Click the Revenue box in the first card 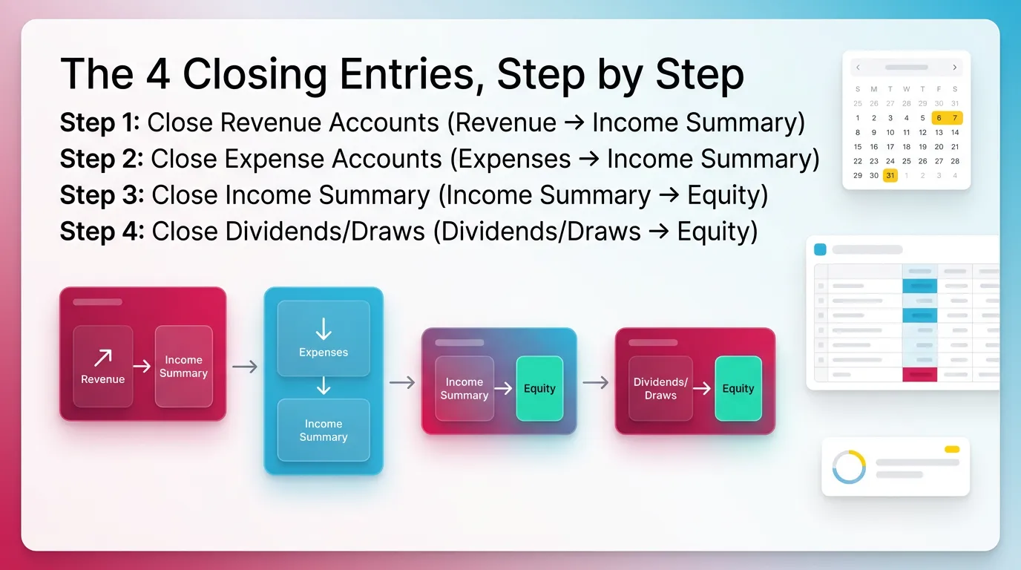pyautogui.click(x=103, y=366)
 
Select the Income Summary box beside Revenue pyautogui.click(x=183, y=366)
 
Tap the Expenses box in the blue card pyautogui.click(x=323, y=338)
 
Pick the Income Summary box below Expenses pyautogui.click(x=323, y=430)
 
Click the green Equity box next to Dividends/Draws pyautogui.click(x=738, y=388)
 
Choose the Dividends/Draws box pyautogui.click(x=660, y=388)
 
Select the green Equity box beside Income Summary pyautogui.click(x=539, y=388)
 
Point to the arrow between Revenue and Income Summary pyautogui.click(x=142, y=366)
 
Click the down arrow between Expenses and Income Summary pyautogui.click(x=324, y=386)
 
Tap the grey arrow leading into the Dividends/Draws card pyautogui.click(x=595, y=382)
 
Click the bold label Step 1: pyautogui.click(x=99, y=122)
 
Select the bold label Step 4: pyautogui.click(x=102, y=232)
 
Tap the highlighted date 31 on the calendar pyautogui.click(x=890, y=176)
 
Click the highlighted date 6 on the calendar pyautogui.click(x=939, y=118)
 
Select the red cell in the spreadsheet pyautogui.click(x=919, y=376)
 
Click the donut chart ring pyautogui.click(x=849, y=467)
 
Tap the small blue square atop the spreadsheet pyautogui.click(x=820, y=249)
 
